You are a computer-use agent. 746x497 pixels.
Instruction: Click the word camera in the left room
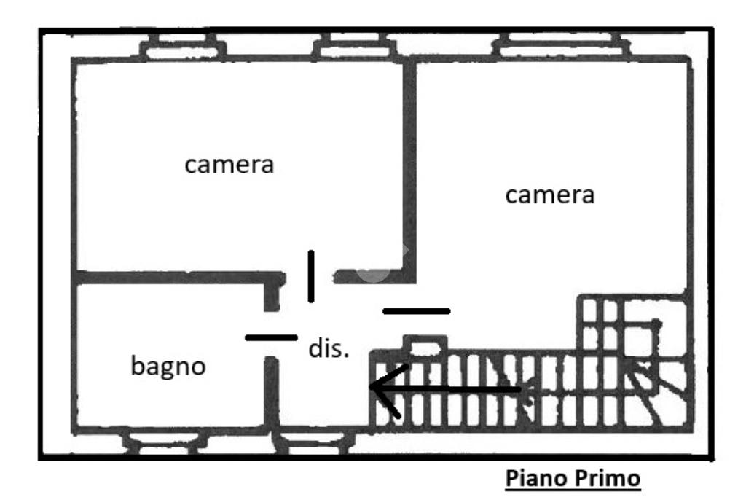click(x=229, y=165)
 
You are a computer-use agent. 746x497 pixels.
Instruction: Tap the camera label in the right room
click(x=550, y=195)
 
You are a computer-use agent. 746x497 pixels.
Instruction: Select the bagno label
click(x=168, y=367)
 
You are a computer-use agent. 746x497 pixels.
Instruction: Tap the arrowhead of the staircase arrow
click(x=380, y=389)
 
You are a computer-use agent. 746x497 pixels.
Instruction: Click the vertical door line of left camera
click(x=311, y=276)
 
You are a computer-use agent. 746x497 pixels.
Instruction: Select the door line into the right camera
click(x=416, y=311)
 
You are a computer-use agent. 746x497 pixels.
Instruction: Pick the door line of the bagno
click(x=271, y=337)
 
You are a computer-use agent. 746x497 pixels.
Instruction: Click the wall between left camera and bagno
click(x=175, y=277)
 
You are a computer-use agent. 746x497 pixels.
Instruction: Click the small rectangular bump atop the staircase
click(x=425, y=344)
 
